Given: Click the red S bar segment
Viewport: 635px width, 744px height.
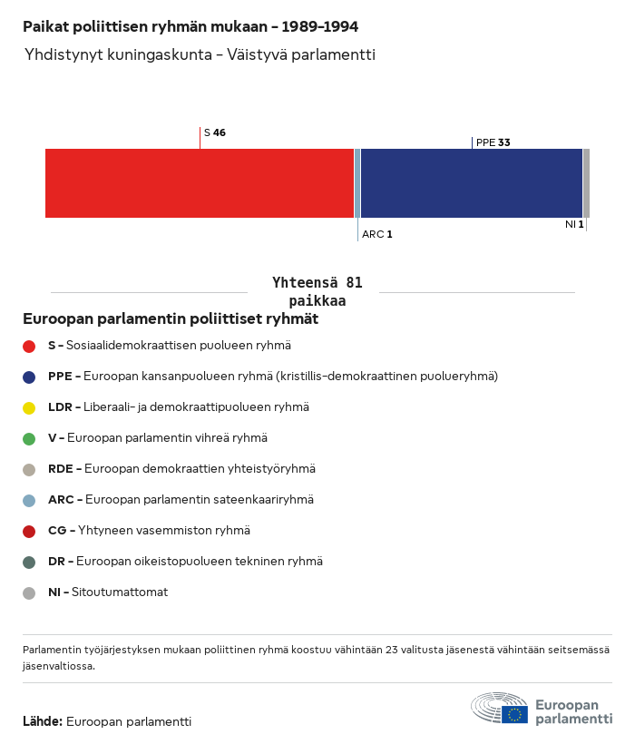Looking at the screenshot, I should point(200,183).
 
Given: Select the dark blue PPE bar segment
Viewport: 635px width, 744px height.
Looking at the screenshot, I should point(472,183).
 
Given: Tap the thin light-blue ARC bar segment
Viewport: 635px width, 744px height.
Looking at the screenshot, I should point(357,183).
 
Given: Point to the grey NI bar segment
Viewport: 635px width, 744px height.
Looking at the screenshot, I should point(586,183).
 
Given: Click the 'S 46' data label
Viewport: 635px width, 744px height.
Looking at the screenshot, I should point(215,132).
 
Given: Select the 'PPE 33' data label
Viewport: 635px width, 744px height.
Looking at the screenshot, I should point(493,142).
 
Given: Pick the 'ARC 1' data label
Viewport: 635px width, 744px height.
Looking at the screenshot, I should point(377,234).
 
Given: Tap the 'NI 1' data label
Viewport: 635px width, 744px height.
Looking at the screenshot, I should point(573,224).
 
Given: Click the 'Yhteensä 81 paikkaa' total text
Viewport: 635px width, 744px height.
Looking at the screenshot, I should point(317,292).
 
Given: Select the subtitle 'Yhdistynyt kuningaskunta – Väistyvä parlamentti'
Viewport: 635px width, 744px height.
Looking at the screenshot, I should point(200,55).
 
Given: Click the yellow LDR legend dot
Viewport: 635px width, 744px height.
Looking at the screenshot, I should point(29,407).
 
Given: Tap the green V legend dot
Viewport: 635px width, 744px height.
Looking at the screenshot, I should point(29,438).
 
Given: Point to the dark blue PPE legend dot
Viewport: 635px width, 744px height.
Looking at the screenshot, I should point(29,377).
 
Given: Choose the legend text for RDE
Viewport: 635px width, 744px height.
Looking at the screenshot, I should point(181,469).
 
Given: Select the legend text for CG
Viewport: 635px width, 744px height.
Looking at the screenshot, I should point(149,531).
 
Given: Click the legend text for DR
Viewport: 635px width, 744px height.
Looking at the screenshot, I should point(185,562).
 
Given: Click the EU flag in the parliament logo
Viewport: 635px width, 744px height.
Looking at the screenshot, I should point(514,714).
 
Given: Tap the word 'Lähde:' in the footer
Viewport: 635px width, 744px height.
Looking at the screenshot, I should point(43,722).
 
